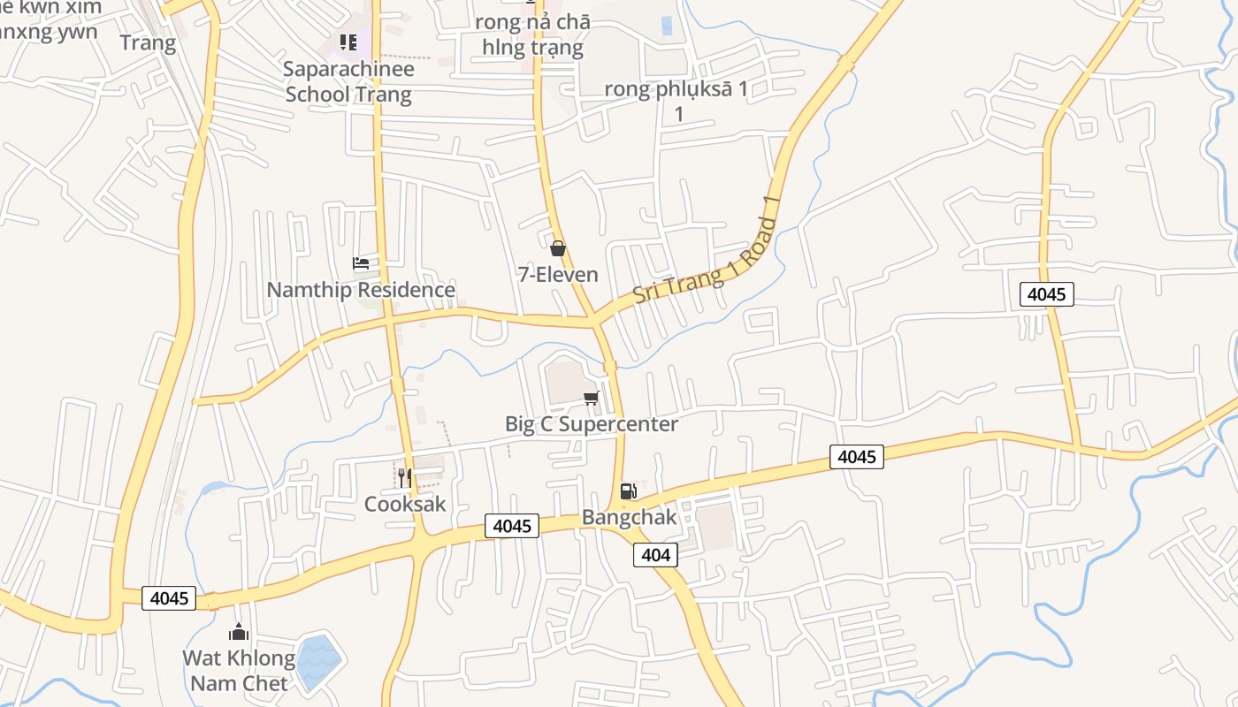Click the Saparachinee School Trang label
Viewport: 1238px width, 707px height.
pyautogui.click(x=348, y=81)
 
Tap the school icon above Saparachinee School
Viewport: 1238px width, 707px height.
pyautogui.click(x=348, y=42)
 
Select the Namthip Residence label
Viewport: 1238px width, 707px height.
pyautogui.click(x=361, y=290)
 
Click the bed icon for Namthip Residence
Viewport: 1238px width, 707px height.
pyautogui.click(x=360, y=262)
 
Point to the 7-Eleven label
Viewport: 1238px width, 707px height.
pyautogui.click(x=558, y=275)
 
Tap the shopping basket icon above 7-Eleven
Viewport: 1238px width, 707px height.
pyautogui.click(x=558, y=248)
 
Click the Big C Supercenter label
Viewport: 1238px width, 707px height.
pyautogui.click(x=592, y=424)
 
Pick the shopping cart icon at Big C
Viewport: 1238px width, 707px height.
pyautogui.click(x=592, y=398)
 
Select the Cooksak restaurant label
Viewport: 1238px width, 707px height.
pyautogui.click(x=405, y=504)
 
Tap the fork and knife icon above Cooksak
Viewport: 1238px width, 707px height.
pyautogui.click(x=404, y=478)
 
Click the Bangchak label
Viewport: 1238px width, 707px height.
pyautogui.click(x=629, y=518)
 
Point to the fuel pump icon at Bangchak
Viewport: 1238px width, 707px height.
pyautogui.click(x=628, y=491)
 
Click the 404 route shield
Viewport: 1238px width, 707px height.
pyautogui.click(x=655, y=555)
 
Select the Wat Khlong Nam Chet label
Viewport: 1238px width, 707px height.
pyautogui.click(x=239, y=671)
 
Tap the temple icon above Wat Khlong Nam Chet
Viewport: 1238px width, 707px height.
pyautogui.click(x=239, y=632)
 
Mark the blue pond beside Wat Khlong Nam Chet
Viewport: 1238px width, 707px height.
pyautogui.click(x=318, y=662)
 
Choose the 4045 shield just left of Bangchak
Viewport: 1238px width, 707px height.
pyautogui.click(x=512, y=526)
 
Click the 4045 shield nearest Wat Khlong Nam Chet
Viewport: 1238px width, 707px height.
pyautogui.click(x=169, y=598)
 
